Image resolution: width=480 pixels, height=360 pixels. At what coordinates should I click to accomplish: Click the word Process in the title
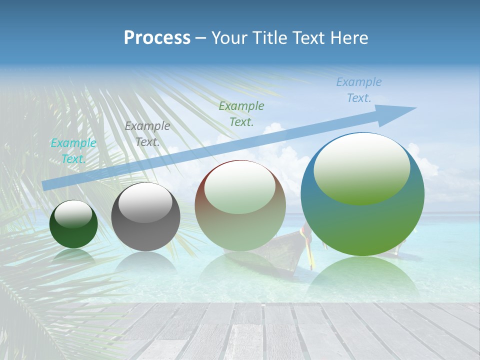(x=157, y=38)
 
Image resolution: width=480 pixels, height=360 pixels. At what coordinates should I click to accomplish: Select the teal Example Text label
(x=73, y=151)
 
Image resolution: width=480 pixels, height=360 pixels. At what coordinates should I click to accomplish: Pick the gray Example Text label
(x=147, y=134)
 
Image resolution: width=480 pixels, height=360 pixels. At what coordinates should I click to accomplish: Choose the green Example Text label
(x=241, y=113)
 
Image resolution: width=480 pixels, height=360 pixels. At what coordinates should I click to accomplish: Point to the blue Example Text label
(x=359, y=90)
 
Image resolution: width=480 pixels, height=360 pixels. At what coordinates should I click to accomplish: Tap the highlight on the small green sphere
(x=73, y=214)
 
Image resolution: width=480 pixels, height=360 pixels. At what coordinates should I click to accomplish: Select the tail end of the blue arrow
(x=47, y=185)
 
